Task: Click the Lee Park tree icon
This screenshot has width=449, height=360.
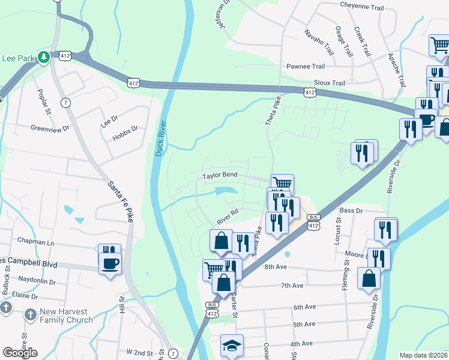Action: pos(43,57)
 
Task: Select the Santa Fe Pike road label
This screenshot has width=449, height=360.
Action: pos(120,201)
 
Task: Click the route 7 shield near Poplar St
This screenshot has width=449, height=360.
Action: pos(65,103)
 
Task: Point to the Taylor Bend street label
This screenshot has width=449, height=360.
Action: pos(220,176)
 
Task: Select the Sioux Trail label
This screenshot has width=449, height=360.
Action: pos(330,83)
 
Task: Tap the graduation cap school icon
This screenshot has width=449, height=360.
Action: pos(232,346)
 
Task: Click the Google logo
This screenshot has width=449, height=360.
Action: pos(20,353)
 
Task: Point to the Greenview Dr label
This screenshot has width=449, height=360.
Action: pos(50,128)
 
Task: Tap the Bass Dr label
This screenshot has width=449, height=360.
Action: pos(351,211)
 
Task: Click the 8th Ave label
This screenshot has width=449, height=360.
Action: pos(277,266)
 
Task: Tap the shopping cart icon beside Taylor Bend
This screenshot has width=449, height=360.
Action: pos(282,183)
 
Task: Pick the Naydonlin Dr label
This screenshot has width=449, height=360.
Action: pos(37,281)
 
